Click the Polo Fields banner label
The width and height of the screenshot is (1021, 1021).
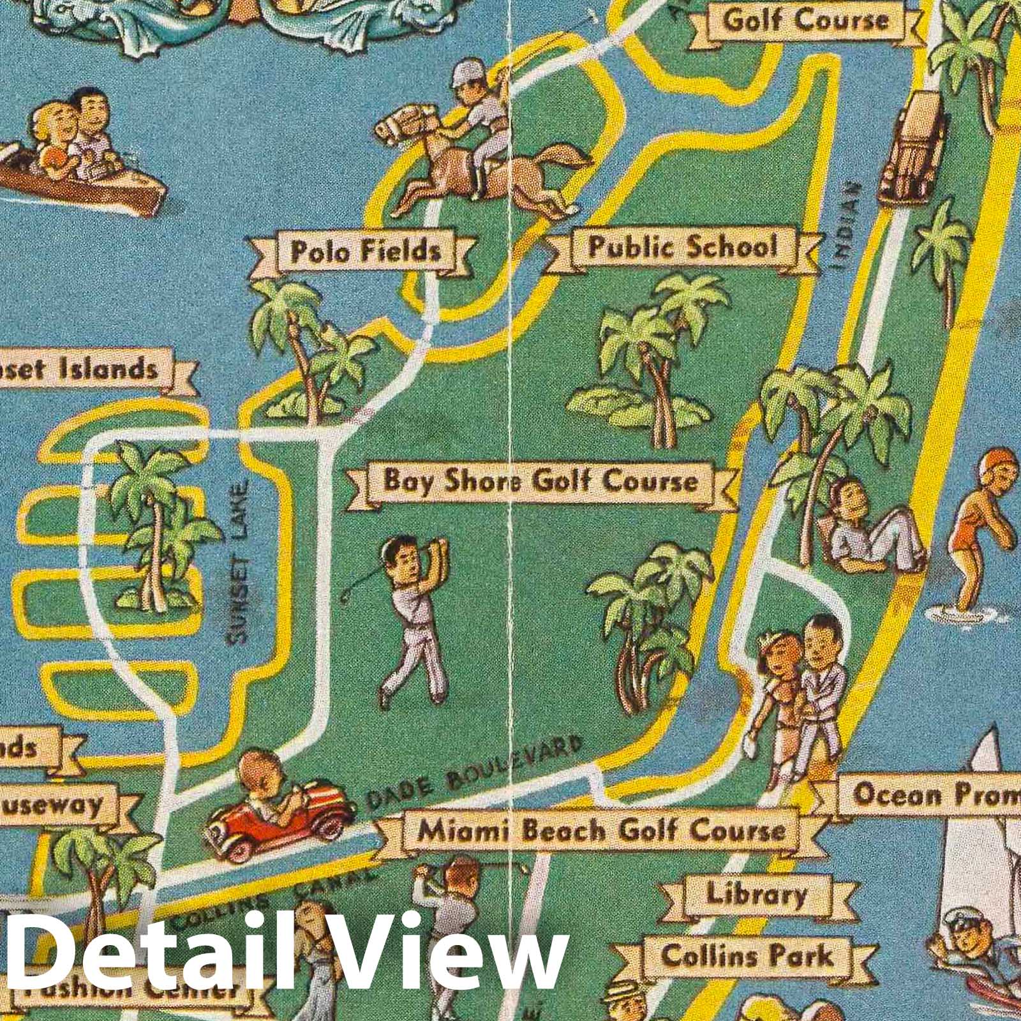pyautogui.click(x=365, y=251)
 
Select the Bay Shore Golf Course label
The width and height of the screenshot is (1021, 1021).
pyautogui.click(x=540, y=481)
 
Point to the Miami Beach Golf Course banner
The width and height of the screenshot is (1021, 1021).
pyautogui.click(x=601, y=830)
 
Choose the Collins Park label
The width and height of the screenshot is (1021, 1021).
pyautogui.click(x=747, y=956)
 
